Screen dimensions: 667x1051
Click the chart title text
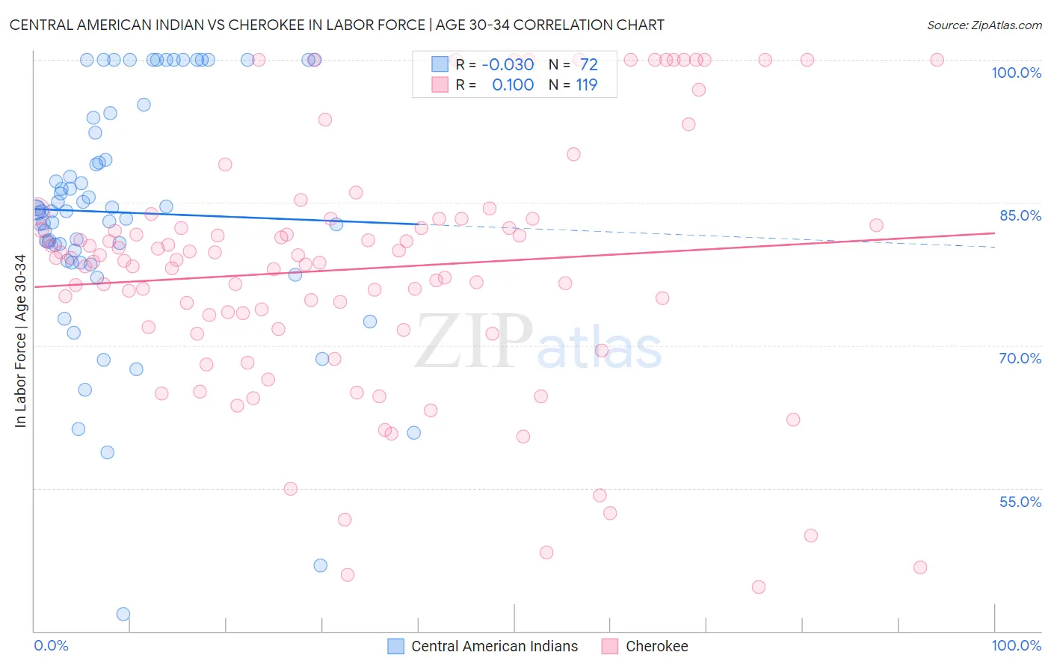[336, 25]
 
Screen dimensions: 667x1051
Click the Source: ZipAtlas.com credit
[984, 25]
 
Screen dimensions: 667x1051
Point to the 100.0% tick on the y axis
[1016, 73]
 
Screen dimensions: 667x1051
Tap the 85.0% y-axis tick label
[1020, 215]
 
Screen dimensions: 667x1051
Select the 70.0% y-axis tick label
[1020, 358]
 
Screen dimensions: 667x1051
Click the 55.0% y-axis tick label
[1020, 502]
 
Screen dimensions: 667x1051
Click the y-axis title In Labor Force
[20, 341]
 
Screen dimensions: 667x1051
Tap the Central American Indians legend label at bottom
[494, 647]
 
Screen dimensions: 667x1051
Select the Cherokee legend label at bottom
[656, 647]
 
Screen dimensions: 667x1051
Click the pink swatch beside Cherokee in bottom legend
[610, 647]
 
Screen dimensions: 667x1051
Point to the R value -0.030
[508, 65]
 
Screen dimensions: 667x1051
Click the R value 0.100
[513, 85]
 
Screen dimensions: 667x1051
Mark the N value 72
[589, 65]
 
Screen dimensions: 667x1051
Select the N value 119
[586, 85]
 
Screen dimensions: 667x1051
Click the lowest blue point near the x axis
[123, 615]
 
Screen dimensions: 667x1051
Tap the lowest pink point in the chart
[759, 587]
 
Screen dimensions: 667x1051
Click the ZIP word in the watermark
[474, 342]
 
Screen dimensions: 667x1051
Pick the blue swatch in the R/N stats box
[440, 64]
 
